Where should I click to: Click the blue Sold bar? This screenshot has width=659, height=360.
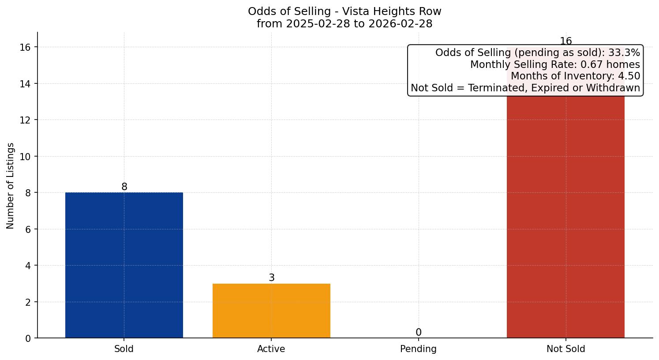pyautogui.click(x=124, y=265)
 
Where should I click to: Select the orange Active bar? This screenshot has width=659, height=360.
pyautogui.click(x=271, y=311)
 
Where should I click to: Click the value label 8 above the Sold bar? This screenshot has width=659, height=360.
pyautogui.click(x=124, y=187)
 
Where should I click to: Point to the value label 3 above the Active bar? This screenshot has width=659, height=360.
pyautogui.click(x=272, y=278)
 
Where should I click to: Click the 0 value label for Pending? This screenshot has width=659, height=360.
pyautogui.click(x=419, y=333)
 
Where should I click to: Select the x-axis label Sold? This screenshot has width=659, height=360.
pyautogui.click(x=124, y=349)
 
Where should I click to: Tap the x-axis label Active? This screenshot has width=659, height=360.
pyautogui.click(x=271, y=349)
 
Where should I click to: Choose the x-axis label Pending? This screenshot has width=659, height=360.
pyautogui.click(x=418, y=349)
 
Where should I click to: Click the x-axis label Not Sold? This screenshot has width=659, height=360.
pyautogui.click(x=565, y=349)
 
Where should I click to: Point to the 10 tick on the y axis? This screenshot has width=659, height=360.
pyautogui.click(x=26, y=157)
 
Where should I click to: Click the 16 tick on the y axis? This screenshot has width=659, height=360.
pyautogui.click(x=26, y=47)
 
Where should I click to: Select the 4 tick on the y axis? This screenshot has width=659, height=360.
pyautogui.click(x=28, y=266)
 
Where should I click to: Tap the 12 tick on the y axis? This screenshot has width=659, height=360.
pyautogui.click(x=26, y=120)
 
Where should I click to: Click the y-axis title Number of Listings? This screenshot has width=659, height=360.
pyautogui.click(x=11, y=186)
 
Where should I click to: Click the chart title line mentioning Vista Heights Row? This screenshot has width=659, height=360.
pyautogui.click(x=344, y=11)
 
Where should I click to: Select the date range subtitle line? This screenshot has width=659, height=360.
pyautogui.click(x=344, y=24)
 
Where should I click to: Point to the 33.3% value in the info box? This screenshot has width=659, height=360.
pyautogui.click(x=624, y=53)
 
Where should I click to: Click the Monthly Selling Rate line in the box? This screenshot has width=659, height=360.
pyautogui.click(x=555, y=64)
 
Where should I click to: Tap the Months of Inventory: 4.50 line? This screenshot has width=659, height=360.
pyautogui.click(x=575, y=76)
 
